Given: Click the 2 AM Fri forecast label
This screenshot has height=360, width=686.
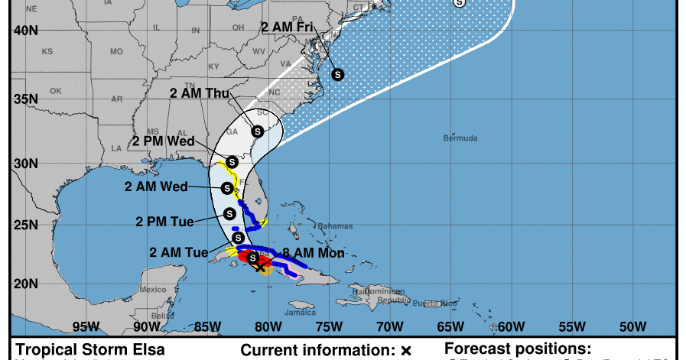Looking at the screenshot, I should coord(288,28).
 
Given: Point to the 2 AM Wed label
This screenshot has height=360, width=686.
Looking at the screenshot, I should coord(155,186).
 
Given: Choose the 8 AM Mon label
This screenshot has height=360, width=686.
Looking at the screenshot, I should coord(314,253).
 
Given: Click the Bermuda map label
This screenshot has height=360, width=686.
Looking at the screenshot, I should coord(460,138).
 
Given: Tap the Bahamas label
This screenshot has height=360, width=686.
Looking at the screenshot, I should coord(336,226).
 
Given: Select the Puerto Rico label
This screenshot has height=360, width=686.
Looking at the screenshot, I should coord(428,304).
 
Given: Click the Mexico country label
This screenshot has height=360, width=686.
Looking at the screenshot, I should coord(153,289).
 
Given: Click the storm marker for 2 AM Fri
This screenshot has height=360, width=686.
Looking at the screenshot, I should coord(337,74).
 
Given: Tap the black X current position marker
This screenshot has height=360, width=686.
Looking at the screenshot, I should coord(262,267).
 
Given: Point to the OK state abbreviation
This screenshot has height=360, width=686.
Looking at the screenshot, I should coord(56,91).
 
